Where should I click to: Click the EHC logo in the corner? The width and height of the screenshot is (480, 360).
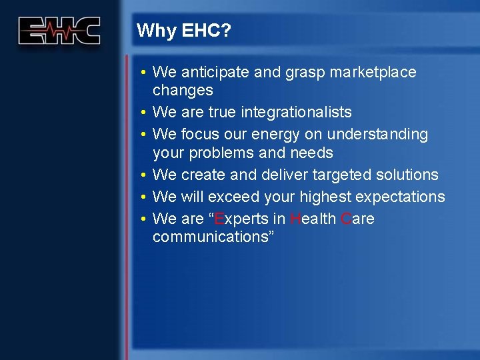point(59,31)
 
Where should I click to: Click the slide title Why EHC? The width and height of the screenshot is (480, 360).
point(183,31)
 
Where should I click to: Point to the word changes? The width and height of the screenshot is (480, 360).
point(183,90)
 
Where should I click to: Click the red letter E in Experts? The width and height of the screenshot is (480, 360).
point(219,219)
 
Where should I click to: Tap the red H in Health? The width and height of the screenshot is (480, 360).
point(295,219)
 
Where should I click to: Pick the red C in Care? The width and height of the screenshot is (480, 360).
point(345,219)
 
